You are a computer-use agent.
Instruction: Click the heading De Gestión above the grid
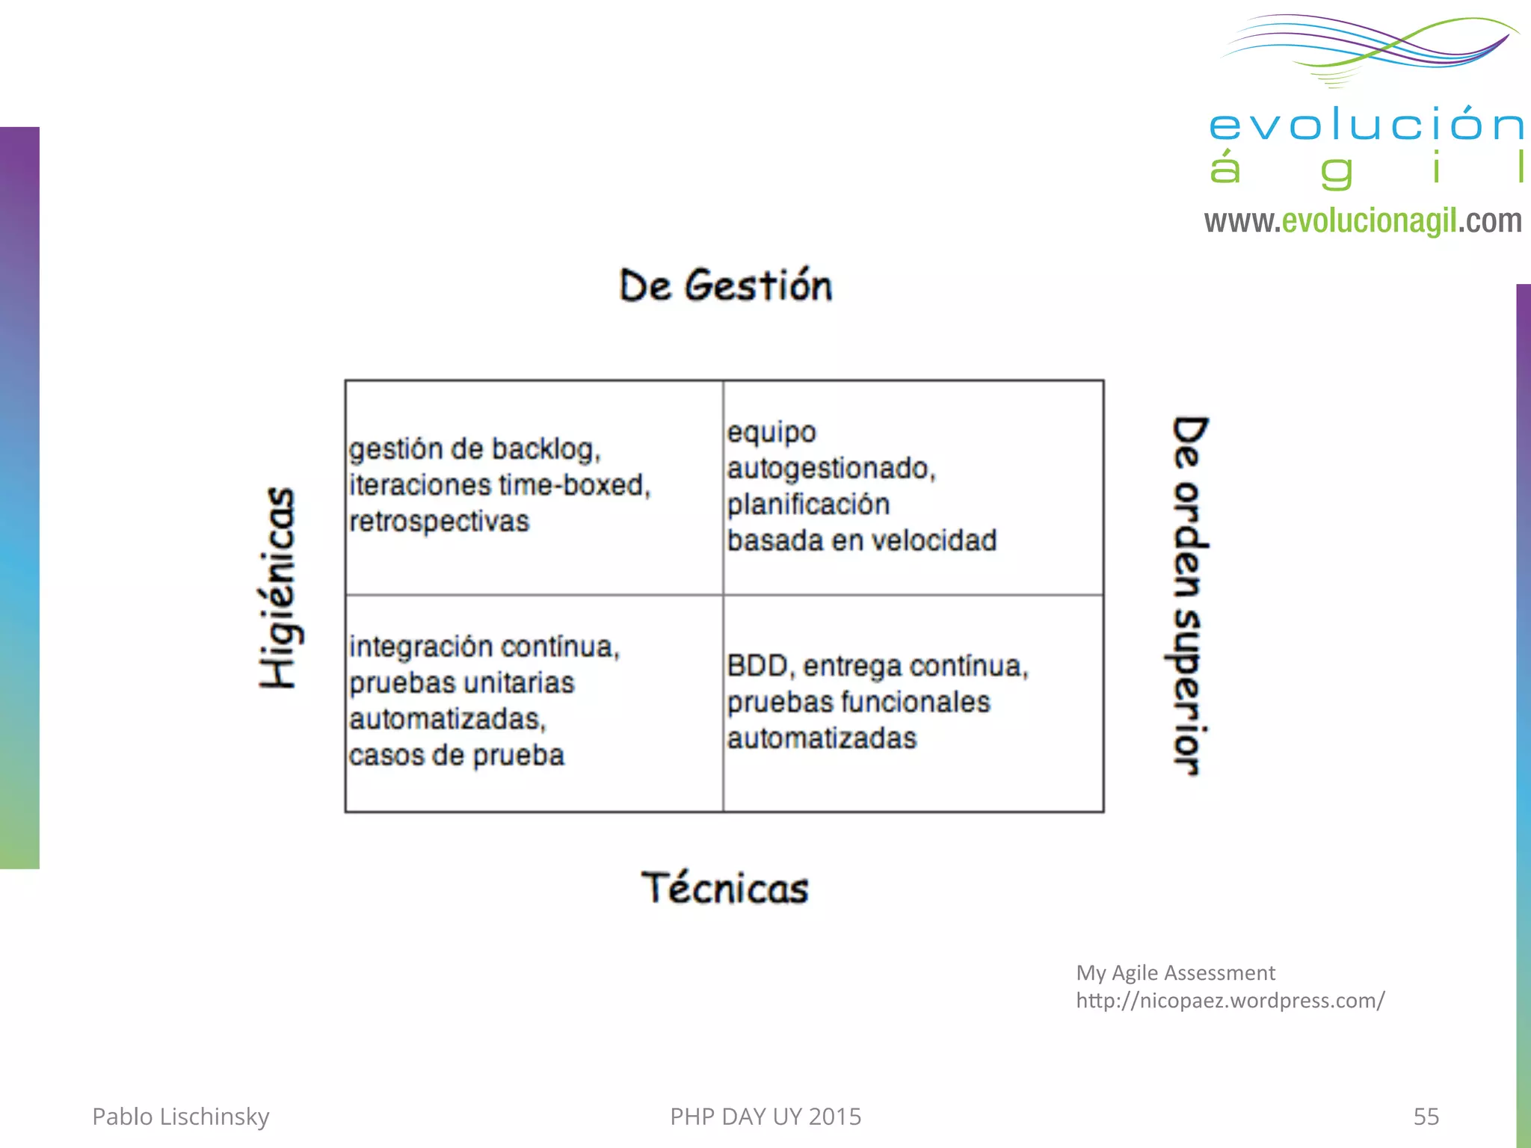[x=725, y=286]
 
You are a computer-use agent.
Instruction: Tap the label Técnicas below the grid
[x=724, y=888]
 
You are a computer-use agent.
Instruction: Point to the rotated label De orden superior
[x=1189, y=596]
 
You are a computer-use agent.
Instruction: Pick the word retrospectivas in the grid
[x=439, y=521]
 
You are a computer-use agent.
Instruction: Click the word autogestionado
[x=831, y=469]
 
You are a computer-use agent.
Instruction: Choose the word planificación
[x=808, y=504]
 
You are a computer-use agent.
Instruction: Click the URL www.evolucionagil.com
[x=1362, y=221]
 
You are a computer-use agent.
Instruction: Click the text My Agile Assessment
[x=1175, y=972]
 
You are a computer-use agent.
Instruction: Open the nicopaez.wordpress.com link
[x=1230, y=1000]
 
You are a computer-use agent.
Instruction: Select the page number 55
[x=1426, y=1116]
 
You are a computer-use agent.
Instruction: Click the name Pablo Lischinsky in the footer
[x=180, y=1116]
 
